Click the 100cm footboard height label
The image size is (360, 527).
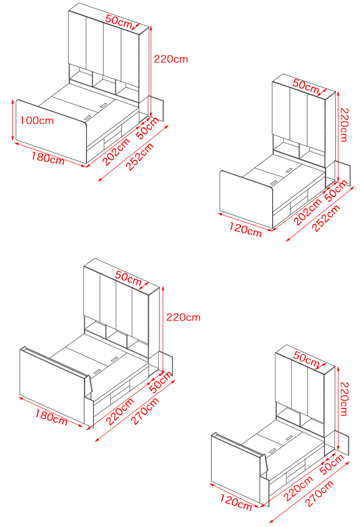pyautogui.click(x=37, y=120)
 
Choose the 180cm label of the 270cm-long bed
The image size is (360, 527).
pyautogui.click(x=51, y=417)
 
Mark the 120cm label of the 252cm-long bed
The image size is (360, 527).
pyautogui.click(x=245, y=229)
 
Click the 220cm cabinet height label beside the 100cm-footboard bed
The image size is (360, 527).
pyautogui.click(x=171, y=60)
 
